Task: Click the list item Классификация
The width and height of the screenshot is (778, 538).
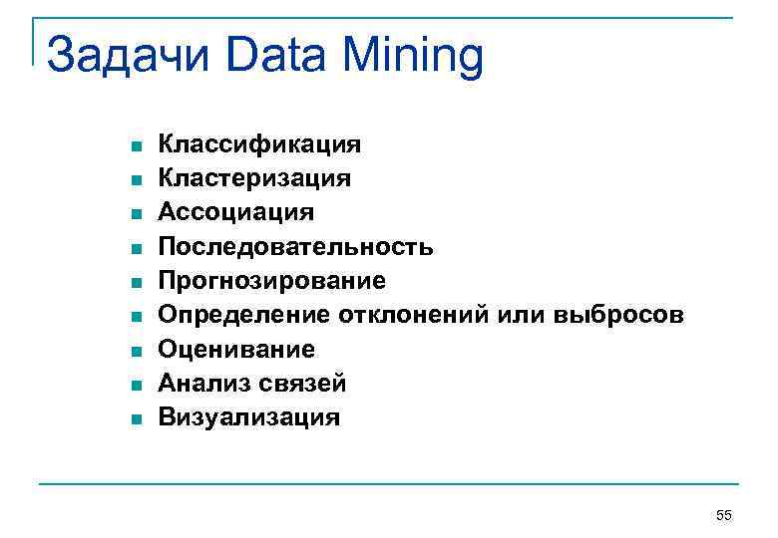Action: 260,145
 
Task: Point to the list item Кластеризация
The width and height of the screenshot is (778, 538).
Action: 255,179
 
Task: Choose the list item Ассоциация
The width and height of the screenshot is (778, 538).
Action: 237,213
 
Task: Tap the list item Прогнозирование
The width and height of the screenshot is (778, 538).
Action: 272,281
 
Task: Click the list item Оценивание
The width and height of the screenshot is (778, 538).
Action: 237,349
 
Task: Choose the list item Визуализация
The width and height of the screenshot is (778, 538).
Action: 249,416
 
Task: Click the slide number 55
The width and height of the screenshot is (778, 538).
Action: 724,514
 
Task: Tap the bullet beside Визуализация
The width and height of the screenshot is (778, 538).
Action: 135,418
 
